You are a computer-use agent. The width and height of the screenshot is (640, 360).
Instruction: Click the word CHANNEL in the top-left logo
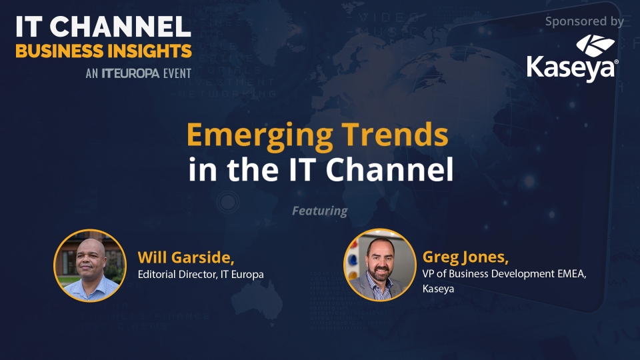click(121, 27)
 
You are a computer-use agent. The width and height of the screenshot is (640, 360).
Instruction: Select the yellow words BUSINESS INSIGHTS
click(104, 51)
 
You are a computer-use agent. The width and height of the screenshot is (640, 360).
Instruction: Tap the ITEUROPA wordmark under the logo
click(131, 73)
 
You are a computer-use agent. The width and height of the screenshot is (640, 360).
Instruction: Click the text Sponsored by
click(585, 21)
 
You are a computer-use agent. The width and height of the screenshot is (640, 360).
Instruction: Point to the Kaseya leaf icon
click(595, 45)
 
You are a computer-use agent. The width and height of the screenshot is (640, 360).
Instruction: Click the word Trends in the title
click(395, 134)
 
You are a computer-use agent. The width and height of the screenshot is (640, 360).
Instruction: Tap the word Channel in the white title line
click(389, 169)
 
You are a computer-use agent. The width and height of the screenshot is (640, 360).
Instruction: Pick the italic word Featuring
click(320, 211)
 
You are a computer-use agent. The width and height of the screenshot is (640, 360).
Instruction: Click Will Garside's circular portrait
click(90, 265)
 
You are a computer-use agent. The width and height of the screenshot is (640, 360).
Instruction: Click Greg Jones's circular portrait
click(380, 265)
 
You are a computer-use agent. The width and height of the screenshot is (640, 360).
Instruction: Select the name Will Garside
click(186, 257)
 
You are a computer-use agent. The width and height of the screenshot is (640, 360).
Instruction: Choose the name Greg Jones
click(465, 257)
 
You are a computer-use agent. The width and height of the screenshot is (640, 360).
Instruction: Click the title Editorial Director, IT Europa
click(201, 274)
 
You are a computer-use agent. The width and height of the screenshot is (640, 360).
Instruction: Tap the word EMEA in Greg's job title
click(572, 273)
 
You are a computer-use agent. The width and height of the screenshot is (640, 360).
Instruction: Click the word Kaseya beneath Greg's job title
click(438, 289)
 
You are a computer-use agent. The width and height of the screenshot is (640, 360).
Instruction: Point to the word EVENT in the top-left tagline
click(177, 73)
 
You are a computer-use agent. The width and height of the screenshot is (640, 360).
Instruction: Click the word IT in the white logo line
click(29, 27)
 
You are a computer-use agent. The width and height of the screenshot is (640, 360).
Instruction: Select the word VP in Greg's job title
click(428, 273)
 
